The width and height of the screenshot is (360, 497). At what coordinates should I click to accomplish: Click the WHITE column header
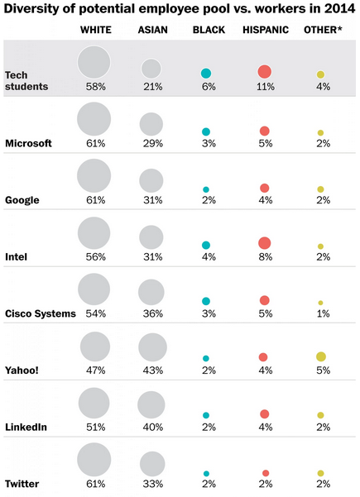pyautogui.click(x=96, y=31)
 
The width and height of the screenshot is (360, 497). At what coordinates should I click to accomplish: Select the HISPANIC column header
pyautogui.click(x=265, y=31)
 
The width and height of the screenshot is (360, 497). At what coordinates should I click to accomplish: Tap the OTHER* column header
pyautogui.click(x=321, y=31)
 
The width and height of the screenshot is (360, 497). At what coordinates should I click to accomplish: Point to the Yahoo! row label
pyautogui.click(x=23, y=370)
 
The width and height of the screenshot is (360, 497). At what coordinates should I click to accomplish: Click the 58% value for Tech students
pyautogui.click(x=94, y=86)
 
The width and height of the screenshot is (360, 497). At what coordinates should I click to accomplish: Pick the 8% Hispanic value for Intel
pyautogui.click(x=264, y=257)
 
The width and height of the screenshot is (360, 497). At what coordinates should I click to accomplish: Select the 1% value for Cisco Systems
pyautogui.click(x=321, y=313)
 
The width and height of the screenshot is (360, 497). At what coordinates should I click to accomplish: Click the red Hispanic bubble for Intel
pyautogui.click(x=264, y=243)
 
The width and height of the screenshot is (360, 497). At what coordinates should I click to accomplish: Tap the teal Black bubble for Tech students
pyautogui.click(x=206, y=73)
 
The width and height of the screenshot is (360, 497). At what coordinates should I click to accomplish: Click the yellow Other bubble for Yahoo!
pyautogui.click(x=321, y=356)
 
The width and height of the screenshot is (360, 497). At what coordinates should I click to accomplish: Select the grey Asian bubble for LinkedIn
pyautogui.click(x=151, y=405)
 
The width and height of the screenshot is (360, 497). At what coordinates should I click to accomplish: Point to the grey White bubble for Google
pyautogui.click(x=94, y=176)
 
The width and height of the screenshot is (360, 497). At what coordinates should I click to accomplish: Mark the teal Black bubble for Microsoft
pyautogui.click(x=206, y=131)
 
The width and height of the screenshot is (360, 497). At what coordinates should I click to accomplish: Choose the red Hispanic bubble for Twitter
pyautogui.click(x=265, y=473)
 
